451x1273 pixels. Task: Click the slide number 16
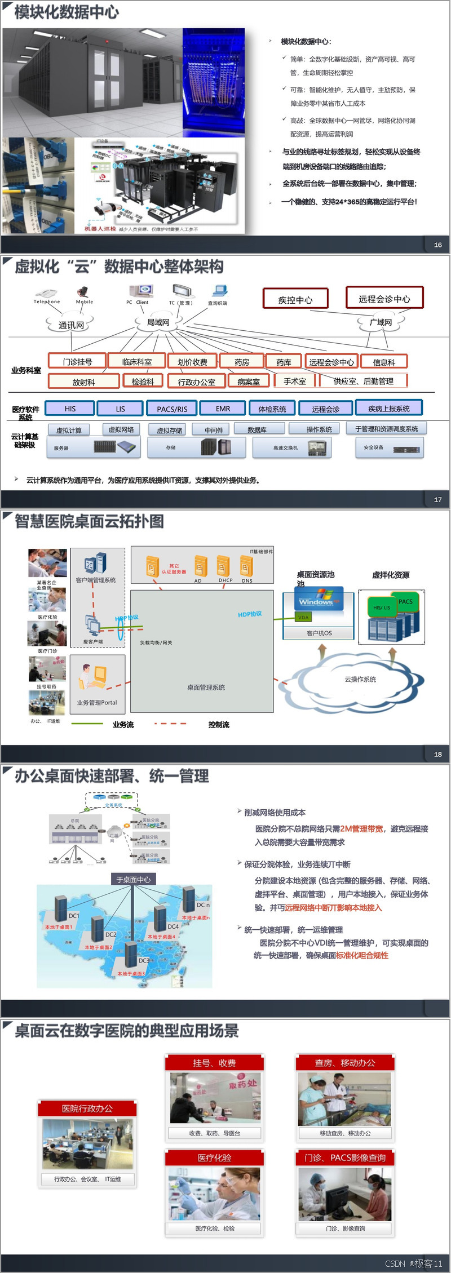pyautogui.click(x=437, y=245)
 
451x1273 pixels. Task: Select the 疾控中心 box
pyautogui.click(x=295, y=299)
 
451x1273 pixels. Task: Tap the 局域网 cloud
pyautogui.click(x=158, y=322)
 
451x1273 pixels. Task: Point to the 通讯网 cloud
pyautogui.click(x=71, y=325)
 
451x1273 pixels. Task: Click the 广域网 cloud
pyautogui.click(x=381, y=322)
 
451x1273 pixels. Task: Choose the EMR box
pyautogui.click(x=223, y=409)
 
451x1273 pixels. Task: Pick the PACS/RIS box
pyautogui.click(x=172, y=409)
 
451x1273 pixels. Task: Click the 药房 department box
pyautogui.click(x=242, y=362)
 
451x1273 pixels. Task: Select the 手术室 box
pyautogui.click(x=295, y=382)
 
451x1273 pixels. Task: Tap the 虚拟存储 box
pyautogui.click(x=169, y=430)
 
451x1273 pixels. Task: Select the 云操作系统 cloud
pyautogui.click(x=360, y=680)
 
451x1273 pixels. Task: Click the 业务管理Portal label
pyautogui.click(x=97, y=703)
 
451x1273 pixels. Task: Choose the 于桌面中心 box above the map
pyautogui.click(x=133, y=880)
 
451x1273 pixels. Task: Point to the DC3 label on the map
pyautogui.click(x=144, y=961)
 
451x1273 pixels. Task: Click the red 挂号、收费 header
pyautogui.click(x=214, y=1063)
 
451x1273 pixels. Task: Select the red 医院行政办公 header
pyautogui.click(x=87, y=1108)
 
